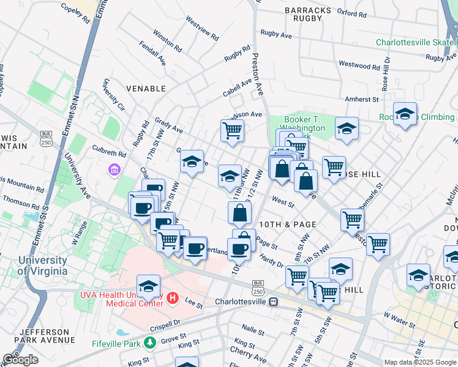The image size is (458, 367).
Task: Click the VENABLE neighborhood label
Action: pos(146,89)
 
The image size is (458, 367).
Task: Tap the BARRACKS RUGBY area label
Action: pos(304,14)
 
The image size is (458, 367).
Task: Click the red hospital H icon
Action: pos(173,298)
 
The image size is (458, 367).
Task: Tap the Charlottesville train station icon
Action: pos(274,302)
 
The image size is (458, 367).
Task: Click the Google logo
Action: pos(20,360)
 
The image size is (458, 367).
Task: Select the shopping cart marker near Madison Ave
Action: pos(232,130)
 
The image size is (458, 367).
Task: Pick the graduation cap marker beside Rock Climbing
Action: pos(405,114)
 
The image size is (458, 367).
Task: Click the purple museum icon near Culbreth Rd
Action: pos(114,169)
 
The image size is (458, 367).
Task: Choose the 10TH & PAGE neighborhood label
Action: pos(287,224)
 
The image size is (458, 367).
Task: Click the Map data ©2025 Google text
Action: pos(420,362)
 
